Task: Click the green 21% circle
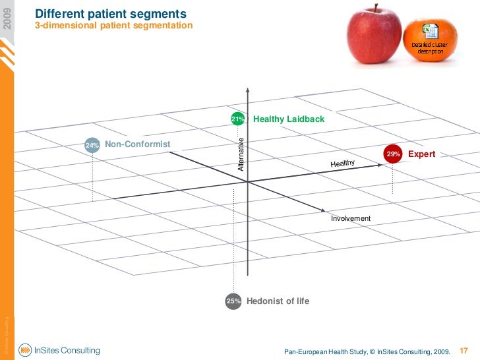237,119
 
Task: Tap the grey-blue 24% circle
92,145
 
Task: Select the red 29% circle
394,154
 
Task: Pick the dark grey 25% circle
233,301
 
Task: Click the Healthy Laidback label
289,119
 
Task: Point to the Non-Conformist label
137,144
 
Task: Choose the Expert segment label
422,154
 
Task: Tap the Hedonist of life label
278,301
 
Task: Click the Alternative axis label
241,154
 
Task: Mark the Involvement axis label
351,218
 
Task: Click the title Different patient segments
111,14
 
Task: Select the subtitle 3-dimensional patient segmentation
113,26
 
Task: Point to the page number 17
463,350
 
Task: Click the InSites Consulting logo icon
25,350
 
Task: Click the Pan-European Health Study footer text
367,351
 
